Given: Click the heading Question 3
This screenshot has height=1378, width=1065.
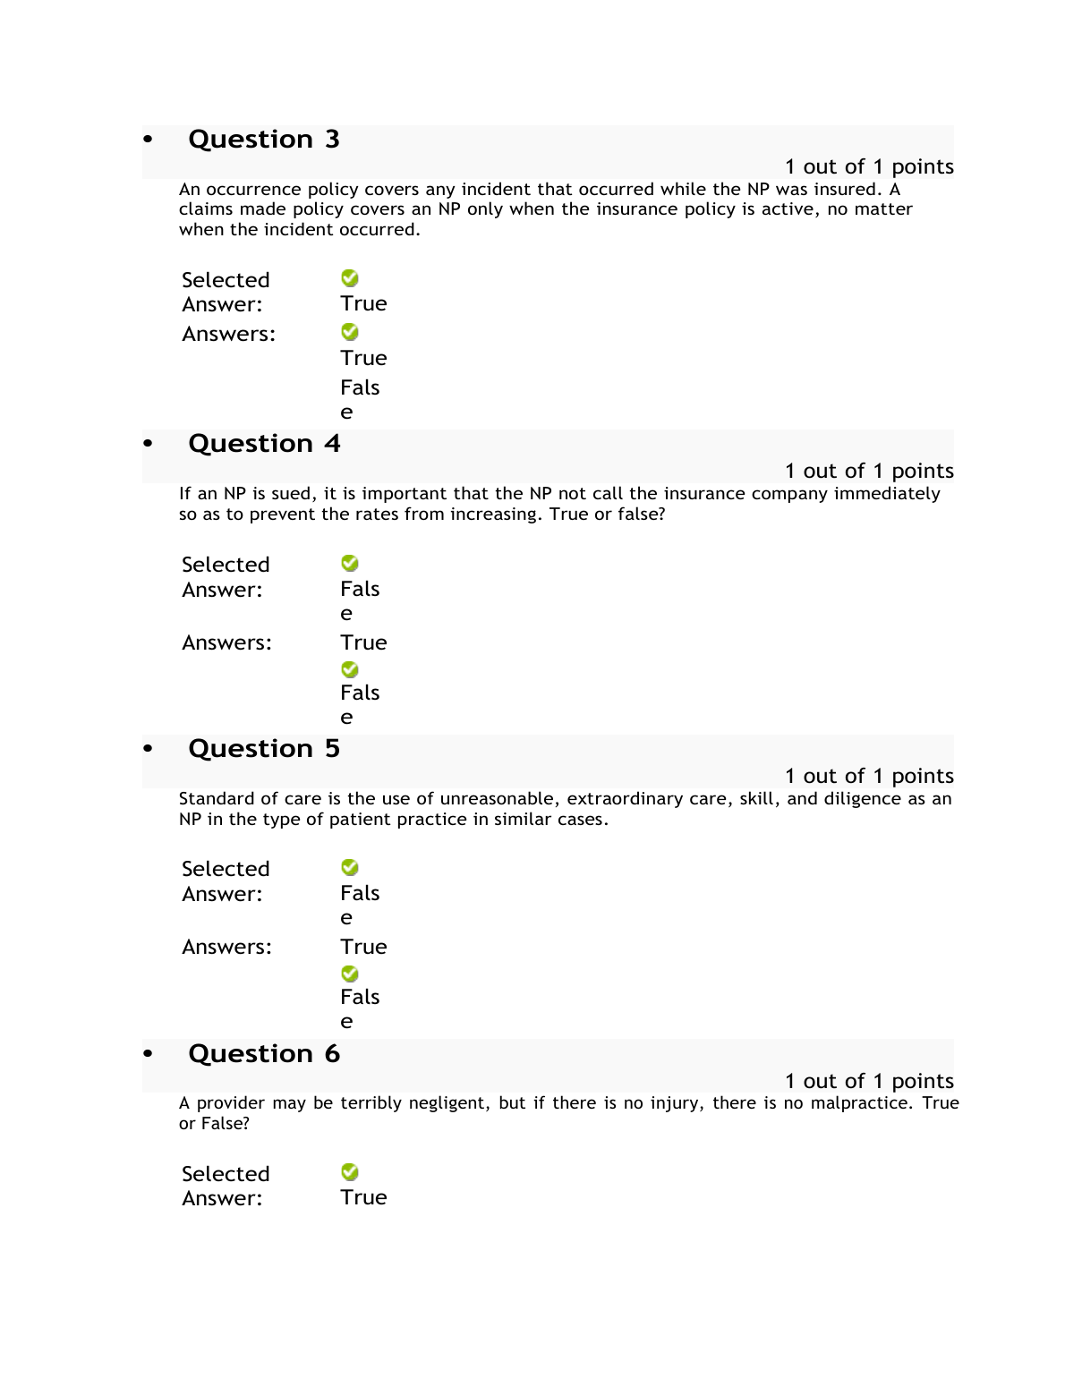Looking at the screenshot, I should (264, 140).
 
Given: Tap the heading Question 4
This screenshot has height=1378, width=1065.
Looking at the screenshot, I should (264, 444).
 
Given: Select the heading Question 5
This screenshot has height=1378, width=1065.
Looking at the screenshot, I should (264, 749).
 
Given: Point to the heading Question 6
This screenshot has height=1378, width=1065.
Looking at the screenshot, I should (264, 1054).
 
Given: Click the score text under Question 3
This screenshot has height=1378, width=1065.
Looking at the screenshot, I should (869, 167).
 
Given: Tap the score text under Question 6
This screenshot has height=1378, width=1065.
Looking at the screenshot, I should (869, 1082).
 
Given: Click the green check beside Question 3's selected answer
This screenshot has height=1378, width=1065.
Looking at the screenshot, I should (350, 278).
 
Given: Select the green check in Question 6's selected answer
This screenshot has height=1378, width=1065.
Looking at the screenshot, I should (350, 1172).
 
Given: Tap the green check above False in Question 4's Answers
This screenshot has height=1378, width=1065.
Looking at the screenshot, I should (350, 669).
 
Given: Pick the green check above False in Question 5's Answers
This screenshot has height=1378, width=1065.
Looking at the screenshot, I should (350, 974).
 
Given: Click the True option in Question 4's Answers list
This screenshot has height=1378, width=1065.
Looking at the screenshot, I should (363, 643).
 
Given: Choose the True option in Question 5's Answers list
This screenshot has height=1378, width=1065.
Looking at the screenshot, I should (363, 948).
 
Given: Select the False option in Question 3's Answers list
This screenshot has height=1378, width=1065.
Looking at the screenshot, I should (360, 399).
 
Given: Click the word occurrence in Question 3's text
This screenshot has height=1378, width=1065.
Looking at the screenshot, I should (254, 190).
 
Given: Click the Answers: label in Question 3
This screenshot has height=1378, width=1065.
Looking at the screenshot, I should (229, 335).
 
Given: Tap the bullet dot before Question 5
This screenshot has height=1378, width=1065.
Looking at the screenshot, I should (149, 749).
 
